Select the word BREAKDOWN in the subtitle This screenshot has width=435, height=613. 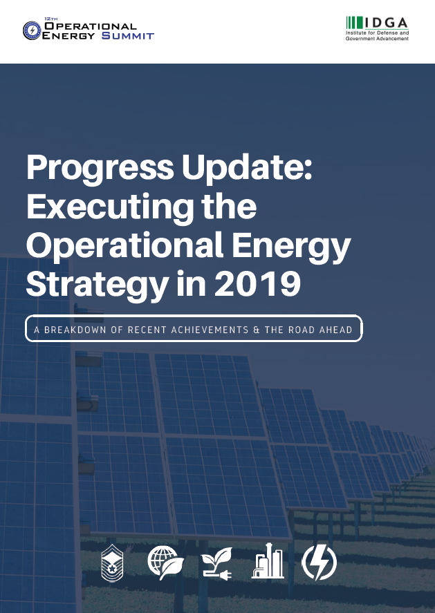click(76, 330)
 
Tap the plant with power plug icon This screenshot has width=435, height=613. click(216, 564)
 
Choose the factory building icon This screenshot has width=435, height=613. click(268, 563)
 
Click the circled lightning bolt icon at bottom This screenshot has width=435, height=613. click(320, 563)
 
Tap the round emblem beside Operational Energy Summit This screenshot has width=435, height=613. click(32, 30)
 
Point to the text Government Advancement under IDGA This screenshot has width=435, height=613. click(377, 39)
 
